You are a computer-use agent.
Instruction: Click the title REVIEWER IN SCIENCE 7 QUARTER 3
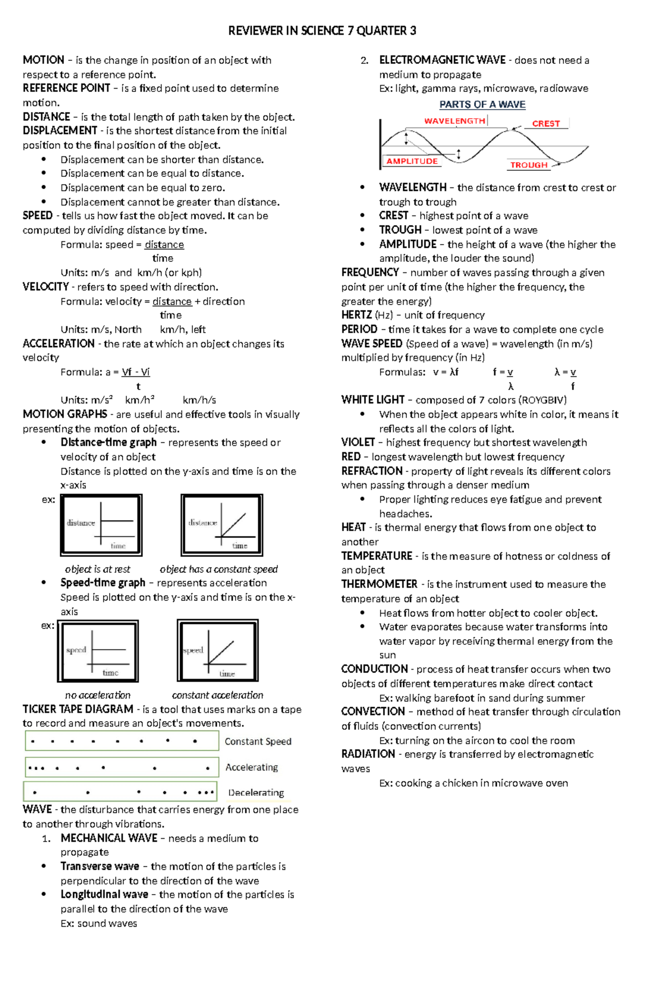(x=322, y=31)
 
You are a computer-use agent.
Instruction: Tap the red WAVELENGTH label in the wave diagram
(x=455, y=121)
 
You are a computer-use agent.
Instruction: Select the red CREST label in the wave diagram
(x=546, y=124)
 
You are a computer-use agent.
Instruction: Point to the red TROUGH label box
(x=529, y=165)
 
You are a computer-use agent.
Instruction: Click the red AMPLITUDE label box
(x=412, y=161)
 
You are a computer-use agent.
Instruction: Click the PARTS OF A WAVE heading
(x=482, y=104)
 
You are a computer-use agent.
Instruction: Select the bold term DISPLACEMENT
(x=60, y=131)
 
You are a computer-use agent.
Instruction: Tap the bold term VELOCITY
(x=46, y=287)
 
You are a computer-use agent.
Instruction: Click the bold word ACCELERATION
(x=59, y=343)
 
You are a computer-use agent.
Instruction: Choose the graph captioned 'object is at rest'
(x=101, y=525)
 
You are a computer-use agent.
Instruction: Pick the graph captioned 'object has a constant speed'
(x=222, y=525)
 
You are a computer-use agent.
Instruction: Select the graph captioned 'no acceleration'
(x=98, y=651)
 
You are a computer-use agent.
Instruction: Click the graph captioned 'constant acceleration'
(x=218, y=651)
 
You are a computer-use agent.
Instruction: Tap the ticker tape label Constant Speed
(x=258, y=742)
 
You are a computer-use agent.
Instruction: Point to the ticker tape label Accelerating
(x=252, y=767)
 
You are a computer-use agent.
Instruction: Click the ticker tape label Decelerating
(x=256, y=793)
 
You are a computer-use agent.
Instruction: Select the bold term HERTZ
(x=356, y=315)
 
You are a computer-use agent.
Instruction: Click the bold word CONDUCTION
(x=375, y=669)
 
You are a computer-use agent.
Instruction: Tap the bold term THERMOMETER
(x=379, y=584)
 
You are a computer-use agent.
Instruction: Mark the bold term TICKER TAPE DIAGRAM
(x=78, y=709)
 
